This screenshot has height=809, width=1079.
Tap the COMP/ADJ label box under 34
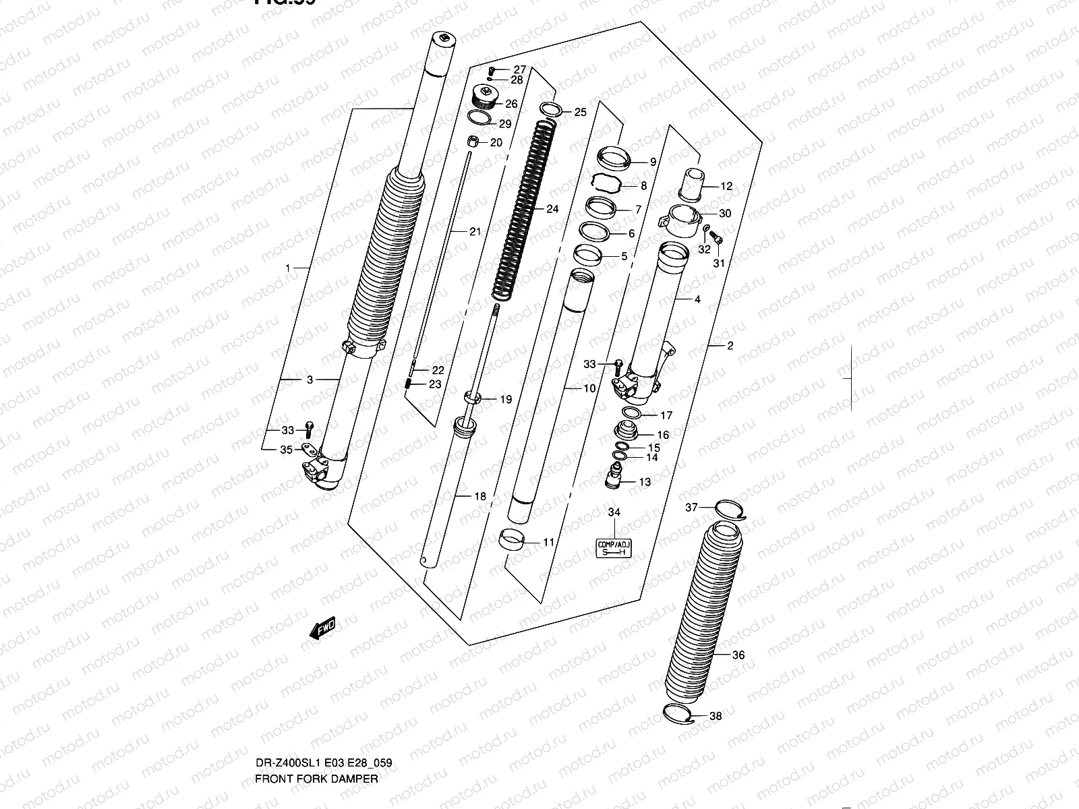tap(614, 548)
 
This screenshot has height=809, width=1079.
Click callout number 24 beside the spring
tap(552, 209)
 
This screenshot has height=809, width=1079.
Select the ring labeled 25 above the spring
tap(550, 109)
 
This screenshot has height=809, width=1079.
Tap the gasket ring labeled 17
tap(633, 413)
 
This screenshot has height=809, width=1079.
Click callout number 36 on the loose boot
tap(738, 655)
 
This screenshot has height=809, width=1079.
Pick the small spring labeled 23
tap(409, 384)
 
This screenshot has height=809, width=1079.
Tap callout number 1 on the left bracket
tap(287, 268)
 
